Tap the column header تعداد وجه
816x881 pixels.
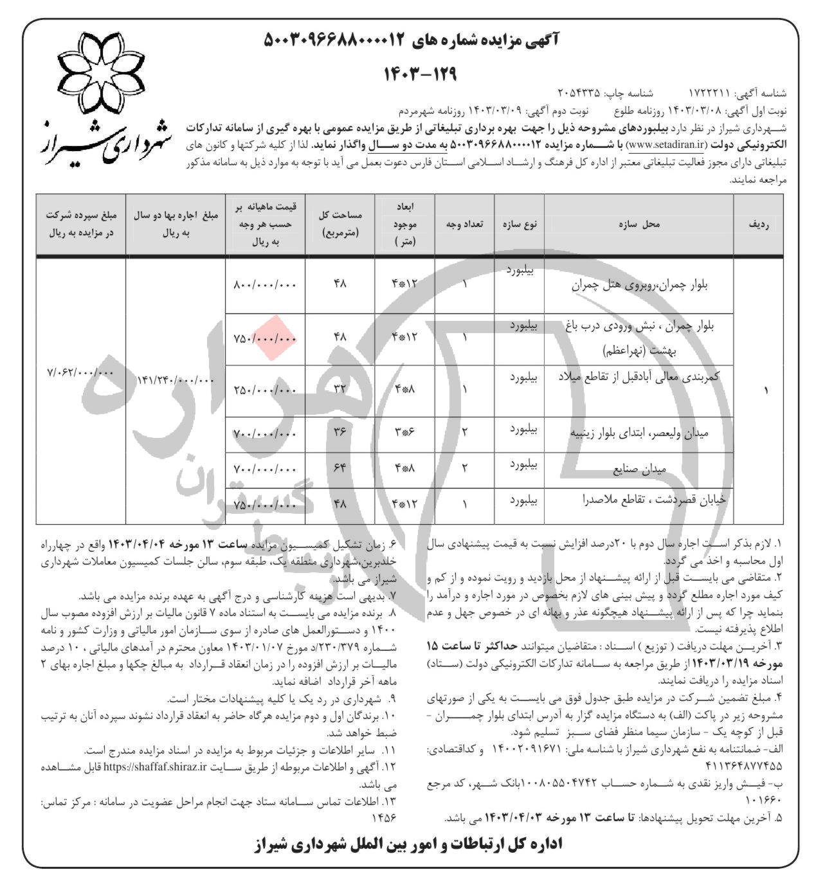(464, 224)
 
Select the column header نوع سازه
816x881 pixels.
(519, 224)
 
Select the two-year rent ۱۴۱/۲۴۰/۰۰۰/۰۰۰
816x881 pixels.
(175, 380)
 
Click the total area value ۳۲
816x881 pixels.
(340, 388)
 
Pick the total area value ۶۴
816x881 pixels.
(340, 468)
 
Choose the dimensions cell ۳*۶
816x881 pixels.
(405, 432)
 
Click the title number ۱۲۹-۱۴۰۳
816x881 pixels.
(420, 73)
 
